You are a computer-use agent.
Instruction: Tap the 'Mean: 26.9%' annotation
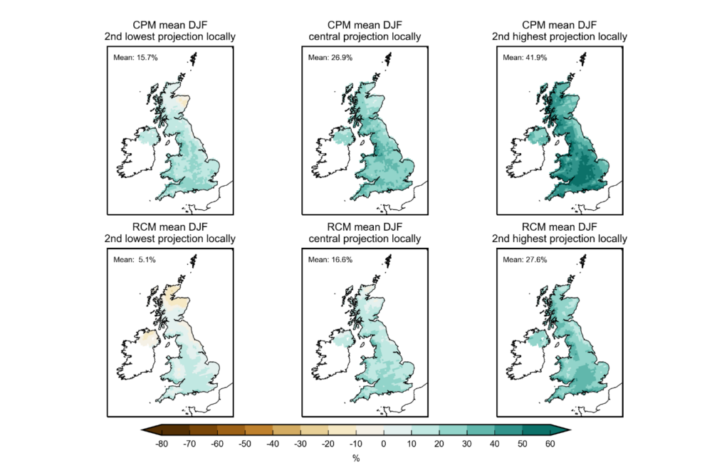pos(330,57)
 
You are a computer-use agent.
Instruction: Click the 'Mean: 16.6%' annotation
pos(330,259)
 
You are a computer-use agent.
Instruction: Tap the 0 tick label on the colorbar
pos(383,444)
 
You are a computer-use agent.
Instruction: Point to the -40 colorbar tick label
pos(273,444)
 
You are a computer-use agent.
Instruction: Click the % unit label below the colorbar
pos(356,457)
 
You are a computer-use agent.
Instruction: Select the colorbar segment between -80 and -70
pos(176,429)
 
